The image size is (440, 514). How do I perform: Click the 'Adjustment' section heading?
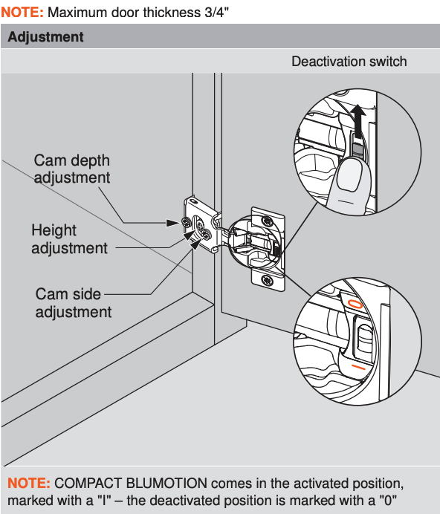click(x=45, y=36)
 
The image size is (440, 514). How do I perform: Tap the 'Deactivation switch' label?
click(x=349, y=62)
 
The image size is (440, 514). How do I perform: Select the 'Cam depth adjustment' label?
click(x=72, y=169)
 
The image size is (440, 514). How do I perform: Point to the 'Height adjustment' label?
click(x=69, y=239)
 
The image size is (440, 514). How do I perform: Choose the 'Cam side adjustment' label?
click(x=74, y=302)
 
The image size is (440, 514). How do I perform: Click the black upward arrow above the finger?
click(x=358, y=120)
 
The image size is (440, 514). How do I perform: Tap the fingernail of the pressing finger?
click(x=350, y=175)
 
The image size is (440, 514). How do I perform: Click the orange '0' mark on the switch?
click(x=356, y=304)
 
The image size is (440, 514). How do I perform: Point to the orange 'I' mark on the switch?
click(x=358, y=367)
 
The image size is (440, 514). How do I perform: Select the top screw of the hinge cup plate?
click(x=268, y=221)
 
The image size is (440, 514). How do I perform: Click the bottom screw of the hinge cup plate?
click(x=267, y=281)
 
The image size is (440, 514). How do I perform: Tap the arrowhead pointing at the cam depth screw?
click(x=173, y=223)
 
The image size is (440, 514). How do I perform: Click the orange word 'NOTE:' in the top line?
click(x=22, y=13)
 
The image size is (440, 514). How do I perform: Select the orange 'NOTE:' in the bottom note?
click(x=29, y=484)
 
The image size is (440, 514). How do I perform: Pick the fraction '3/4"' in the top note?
click(x=216, y=13)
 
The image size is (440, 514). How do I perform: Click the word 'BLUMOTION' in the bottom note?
click(x=166, y=484)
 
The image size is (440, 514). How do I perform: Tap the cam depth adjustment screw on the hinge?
click(x=187, y=223)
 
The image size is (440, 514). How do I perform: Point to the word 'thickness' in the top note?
click(x=172, y=13)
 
